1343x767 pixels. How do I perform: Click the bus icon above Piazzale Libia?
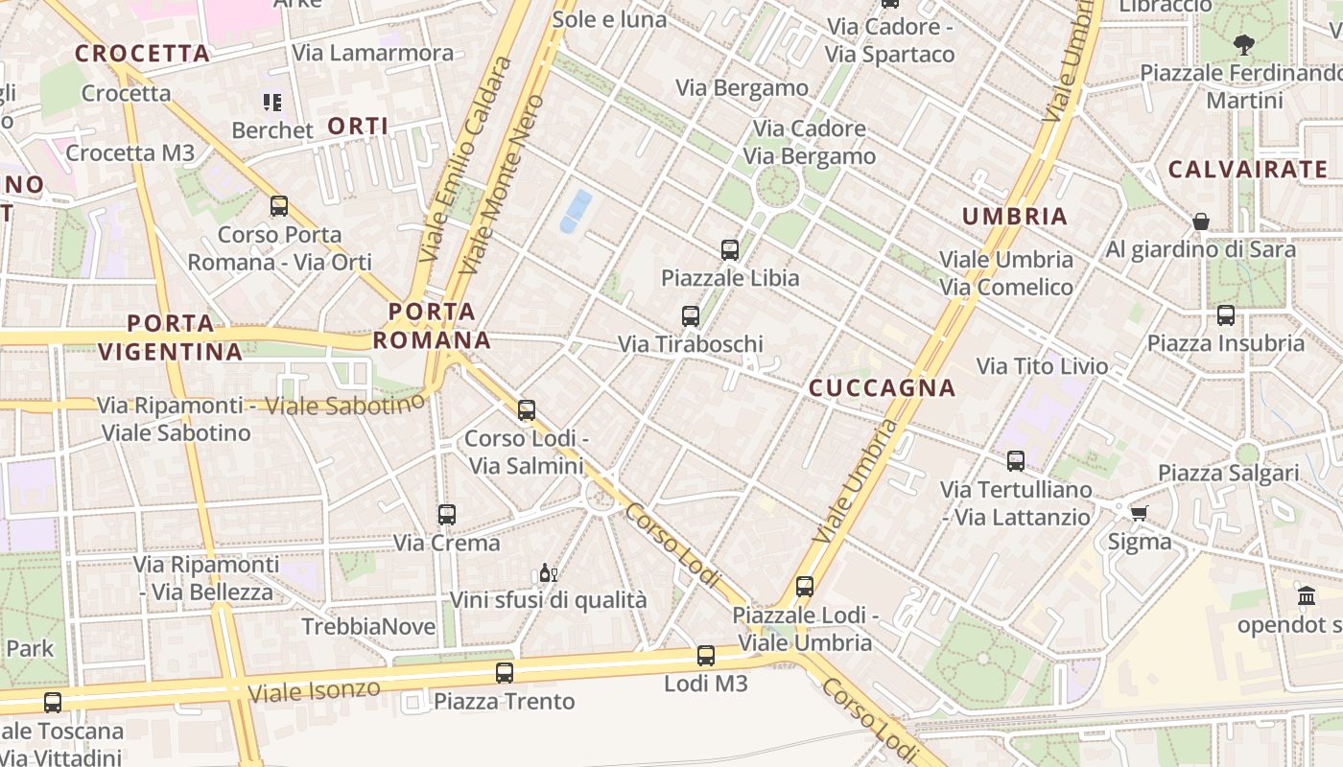[730, 250]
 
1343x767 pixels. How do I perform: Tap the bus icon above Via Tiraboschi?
[690, 315]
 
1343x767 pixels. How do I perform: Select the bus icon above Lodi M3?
[706, 656]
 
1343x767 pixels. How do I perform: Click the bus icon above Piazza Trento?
[505, 673]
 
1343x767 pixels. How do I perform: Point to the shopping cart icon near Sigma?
[1139, 514]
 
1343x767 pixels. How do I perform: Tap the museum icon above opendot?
[1307, 596]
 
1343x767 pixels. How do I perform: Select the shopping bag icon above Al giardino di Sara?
[1200, 221]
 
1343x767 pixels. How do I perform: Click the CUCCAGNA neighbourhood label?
[882, 388]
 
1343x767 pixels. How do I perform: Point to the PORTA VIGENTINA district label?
[170, 337]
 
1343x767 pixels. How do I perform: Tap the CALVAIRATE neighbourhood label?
[1247, 170]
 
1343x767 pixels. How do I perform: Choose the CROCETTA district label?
[142, 54]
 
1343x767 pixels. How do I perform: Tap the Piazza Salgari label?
[1228, 473]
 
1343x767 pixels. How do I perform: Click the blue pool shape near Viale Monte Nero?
[576, 211]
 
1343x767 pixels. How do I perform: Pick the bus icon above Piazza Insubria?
[1225, 314]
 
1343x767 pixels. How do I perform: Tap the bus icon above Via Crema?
[446, 515]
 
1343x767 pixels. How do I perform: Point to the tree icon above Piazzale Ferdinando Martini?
[1243, 43]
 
